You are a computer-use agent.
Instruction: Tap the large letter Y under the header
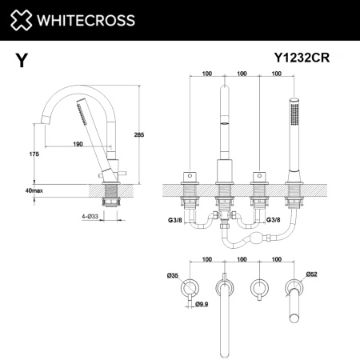point(19,59)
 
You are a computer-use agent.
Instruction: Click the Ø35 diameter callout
point(174,276)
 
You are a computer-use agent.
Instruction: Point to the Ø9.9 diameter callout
point(203,302)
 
